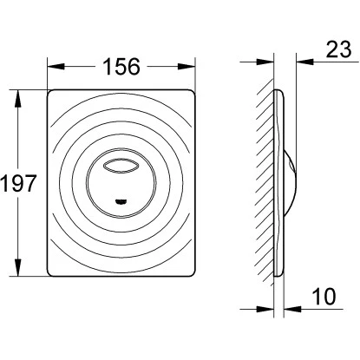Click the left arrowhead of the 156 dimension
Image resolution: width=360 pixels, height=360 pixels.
point(52,67)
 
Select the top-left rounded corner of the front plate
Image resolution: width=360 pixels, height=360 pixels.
point(52,93)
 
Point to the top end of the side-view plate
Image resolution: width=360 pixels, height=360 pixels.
point(275,91)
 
